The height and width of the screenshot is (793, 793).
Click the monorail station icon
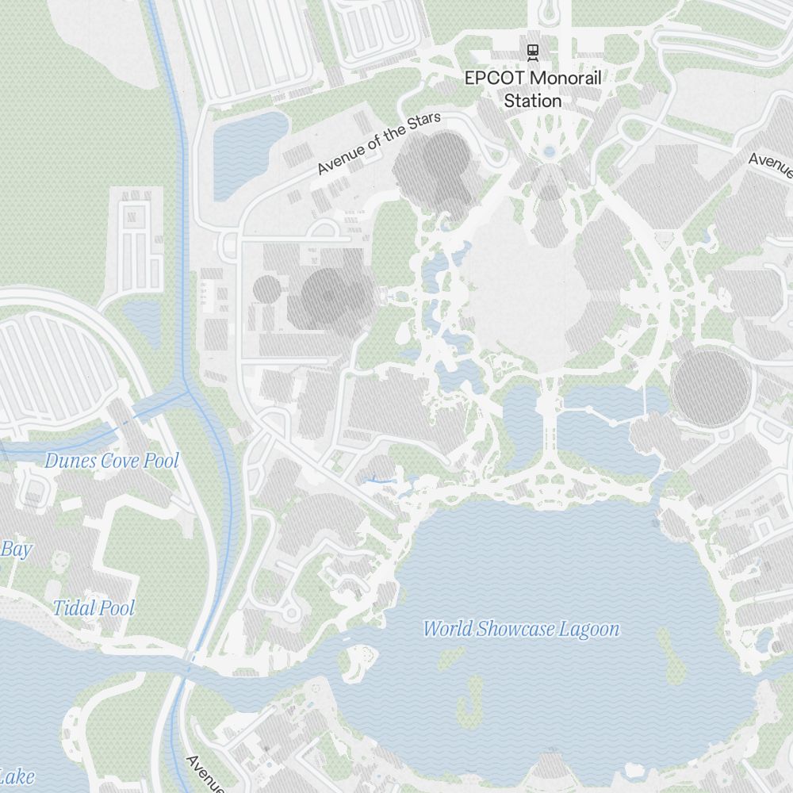[x=533, y=52]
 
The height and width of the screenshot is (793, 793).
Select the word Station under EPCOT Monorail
[x=533, y=102]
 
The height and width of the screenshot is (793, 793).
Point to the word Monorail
[x=565, y=79]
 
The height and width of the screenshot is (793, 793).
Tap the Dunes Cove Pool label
[x=112, y=460]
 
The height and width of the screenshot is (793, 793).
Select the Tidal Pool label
[x=94, y=608]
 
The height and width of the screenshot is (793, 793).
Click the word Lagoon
[x=588, y=629]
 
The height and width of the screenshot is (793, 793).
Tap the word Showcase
[x=515, y=629]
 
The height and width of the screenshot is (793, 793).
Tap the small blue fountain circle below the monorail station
[x=549, y=151]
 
